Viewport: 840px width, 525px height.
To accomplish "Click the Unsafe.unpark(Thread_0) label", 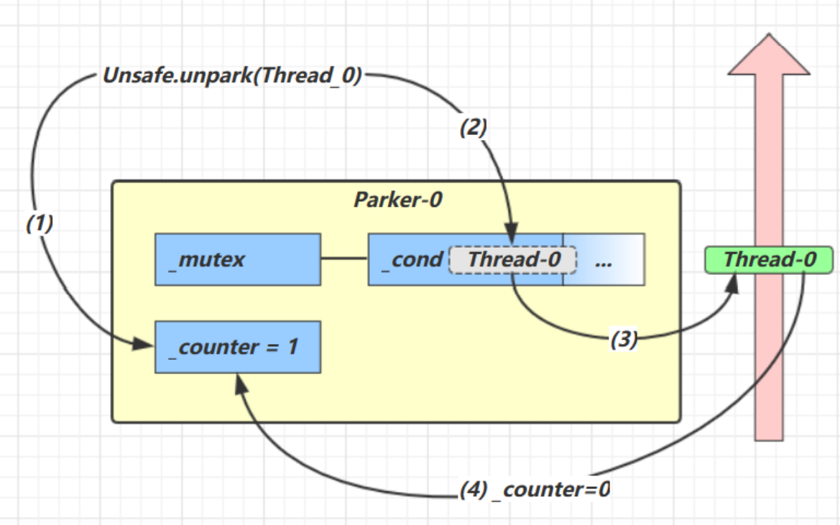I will click(231, 76).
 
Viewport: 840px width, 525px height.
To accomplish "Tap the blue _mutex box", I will click(237, 259).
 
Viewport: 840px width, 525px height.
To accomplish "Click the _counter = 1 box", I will click(237, 348).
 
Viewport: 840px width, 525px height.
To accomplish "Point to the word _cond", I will click(412, 259).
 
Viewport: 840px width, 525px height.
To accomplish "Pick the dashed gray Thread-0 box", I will click(513, 259).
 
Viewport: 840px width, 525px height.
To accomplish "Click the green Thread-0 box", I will click(769, 259).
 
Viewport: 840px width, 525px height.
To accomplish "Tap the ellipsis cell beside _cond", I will click(604, 260).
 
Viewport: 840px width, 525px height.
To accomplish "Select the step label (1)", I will click(40, 224).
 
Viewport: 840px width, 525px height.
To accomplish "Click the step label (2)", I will click(474, 128).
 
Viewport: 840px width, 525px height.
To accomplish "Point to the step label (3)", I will click(624, 340).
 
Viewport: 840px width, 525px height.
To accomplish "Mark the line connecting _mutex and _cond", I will click(344, 259).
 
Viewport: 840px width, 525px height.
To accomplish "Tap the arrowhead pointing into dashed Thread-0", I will click(512, 237).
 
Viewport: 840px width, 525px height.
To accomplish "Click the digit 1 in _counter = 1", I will click(292, 348).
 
